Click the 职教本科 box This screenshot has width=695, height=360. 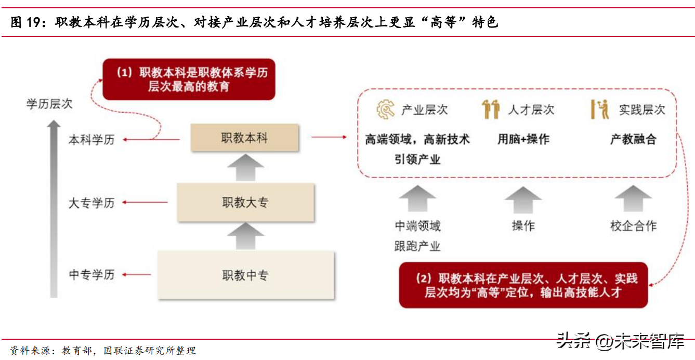(x=244, y=138)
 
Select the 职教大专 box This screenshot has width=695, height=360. (x=245, y=202)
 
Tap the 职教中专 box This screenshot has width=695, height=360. (x=245, y=275)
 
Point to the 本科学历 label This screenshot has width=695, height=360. (x=91, y=140)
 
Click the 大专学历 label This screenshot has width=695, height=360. (x=91, y=203)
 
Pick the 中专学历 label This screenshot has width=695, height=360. (x=91, y=274)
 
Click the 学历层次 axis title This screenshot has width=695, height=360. (x=49, y=104)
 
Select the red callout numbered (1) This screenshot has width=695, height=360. (x=188, y=79)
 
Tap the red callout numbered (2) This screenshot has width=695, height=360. (x=523, y=285)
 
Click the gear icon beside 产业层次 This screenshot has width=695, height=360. (x=386, y=110)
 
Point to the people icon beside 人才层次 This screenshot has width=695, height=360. (x=491, y=109)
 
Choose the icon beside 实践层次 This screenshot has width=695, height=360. (x=600, y=109)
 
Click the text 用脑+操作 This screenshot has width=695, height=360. (x=523, y=139)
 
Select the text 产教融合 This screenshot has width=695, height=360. (x=633, y=139)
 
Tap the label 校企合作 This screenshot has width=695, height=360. (x=633, y=226)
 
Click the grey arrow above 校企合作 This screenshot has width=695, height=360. (x=633, y=199)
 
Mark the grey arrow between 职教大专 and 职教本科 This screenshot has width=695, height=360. (x=245, y=167)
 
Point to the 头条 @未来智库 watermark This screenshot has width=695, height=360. (x=620, y=341)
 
